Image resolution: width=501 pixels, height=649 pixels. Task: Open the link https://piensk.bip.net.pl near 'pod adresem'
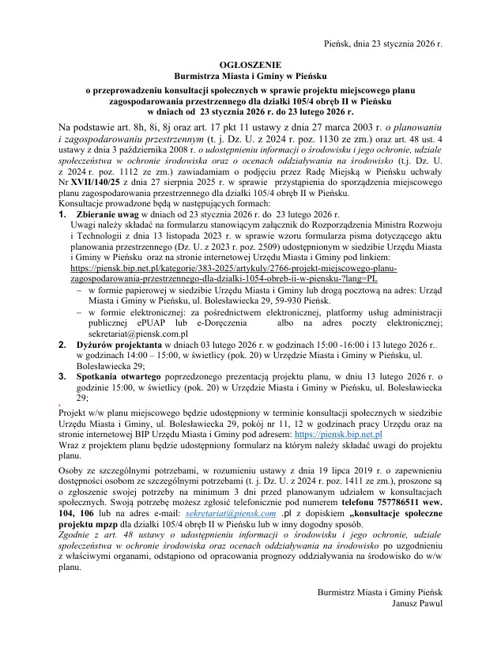pos(338,434)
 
